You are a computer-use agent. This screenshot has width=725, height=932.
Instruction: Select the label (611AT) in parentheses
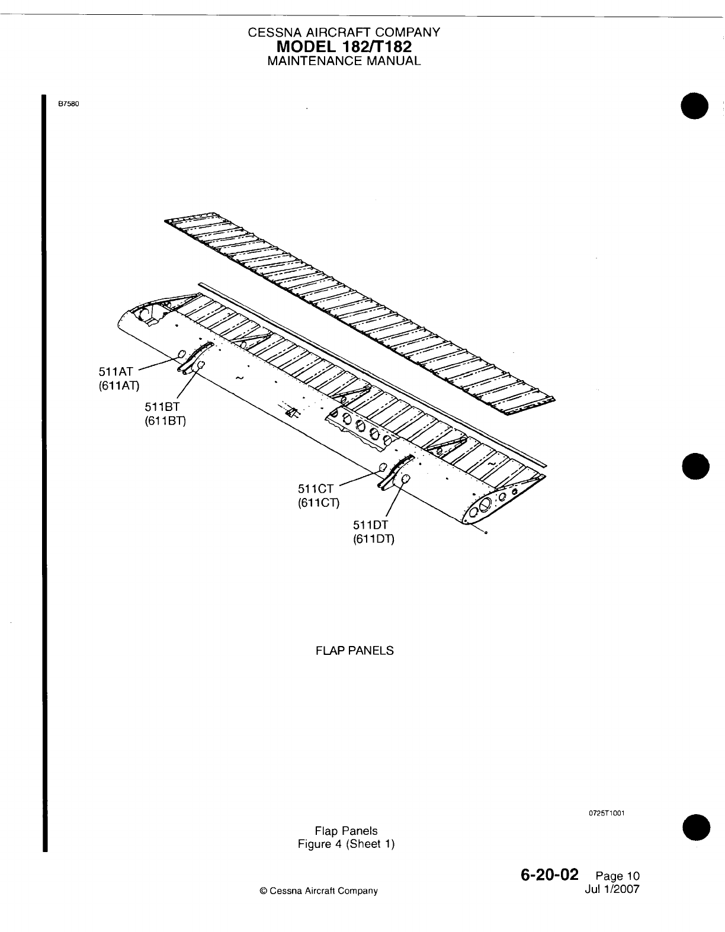(119, 386)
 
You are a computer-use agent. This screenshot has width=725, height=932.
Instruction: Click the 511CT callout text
(316, 489)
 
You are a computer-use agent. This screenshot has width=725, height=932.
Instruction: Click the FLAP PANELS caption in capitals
(355, 651)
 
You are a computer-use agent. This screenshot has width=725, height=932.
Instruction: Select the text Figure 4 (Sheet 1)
(346, 844)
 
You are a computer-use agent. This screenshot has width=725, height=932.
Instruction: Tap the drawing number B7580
(68, 104)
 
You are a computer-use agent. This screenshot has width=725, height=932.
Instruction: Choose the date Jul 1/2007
(612, 889)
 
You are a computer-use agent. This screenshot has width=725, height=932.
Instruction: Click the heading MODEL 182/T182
(344, 46)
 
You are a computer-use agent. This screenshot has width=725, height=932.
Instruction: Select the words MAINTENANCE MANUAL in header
(344, 60)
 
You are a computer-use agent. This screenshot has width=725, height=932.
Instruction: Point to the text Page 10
(618, 876)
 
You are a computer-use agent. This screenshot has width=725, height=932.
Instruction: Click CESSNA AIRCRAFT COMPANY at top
(344, 33)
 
